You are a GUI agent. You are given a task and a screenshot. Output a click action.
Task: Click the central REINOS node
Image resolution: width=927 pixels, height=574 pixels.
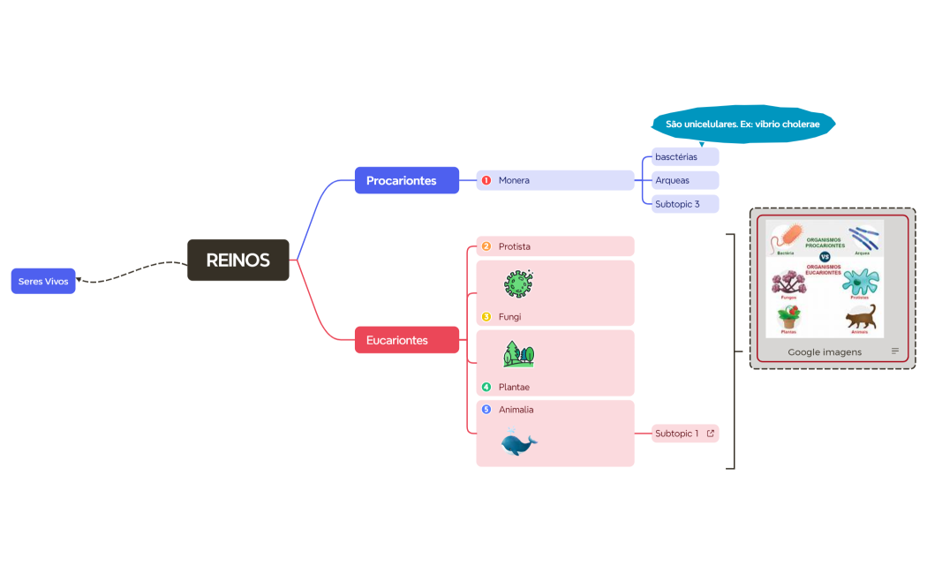tap(237, 261)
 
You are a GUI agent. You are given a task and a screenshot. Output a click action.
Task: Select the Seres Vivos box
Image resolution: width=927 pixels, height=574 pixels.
tap(43, 281)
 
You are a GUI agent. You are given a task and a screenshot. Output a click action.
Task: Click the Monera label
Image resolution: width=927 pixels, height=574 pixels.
tap(514, 180)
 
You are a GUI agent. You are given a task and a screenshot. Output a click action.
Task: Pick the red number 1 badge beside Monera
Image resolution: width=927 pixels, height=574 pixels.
tap(486, 180)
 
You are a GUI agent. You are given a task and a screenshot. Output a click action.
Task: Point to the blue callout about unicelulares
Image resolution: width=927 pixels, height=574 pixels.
tap(742, 125)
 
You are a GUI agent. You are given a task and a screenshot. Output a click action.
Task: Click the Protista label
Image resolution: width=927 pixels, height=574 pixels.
tap(514, 246)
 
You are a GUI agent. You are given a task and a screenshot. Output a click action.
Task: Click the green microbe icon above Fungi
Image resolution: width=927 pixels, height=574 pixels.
tap(519, 284)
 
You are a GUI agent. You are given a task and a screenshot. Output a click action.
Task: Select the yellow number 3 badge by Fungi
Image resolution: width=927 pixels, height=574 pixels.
tap(486, 317)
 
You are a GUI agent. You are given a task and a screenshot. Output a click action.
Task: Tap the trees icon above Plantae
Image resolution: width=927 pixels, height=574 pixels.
tap(518, 354)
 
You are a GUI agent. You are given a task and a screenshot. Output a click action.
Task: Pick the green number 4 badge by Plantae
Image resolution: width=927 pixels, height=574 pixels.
tap(486, 387)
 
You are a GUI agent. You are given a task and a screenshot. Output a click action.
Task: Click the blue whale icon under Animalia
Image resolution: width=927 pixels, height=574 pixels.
tap(518, 442)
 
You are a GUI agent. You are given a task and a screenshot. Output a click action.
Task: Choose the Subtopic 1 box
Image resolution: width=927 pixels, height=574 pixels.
tap(677, 434)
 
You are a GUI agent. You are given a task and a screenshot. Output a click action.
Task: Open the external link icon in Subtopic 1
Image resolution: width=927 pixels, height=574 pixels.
tap(711, 434)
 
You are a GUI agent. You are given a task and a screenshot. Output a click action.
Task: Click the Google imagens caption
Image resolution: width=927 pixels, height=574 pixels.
tap(825, 351)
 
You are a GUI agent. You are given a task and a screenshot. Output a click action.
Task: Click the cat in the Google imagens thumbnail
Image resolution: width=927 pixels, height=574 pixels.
tap(861, 319)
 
